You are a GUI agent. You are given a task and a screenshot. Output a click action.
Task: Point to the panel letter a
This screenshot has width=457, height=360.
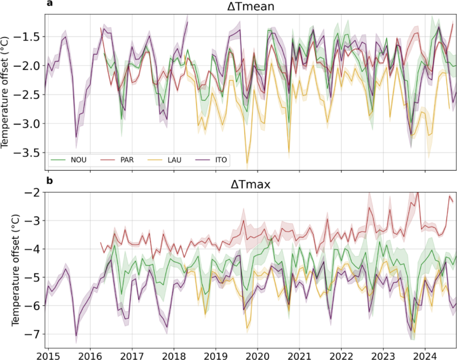(49, 4)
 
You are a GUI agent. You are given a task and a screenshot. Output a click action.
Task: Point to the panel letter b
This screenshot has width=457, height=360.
(49, 180)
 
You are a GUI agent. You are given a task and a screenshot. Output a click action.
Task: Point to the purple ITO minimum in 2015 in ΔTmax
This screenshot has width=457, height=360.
(76, 335)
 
